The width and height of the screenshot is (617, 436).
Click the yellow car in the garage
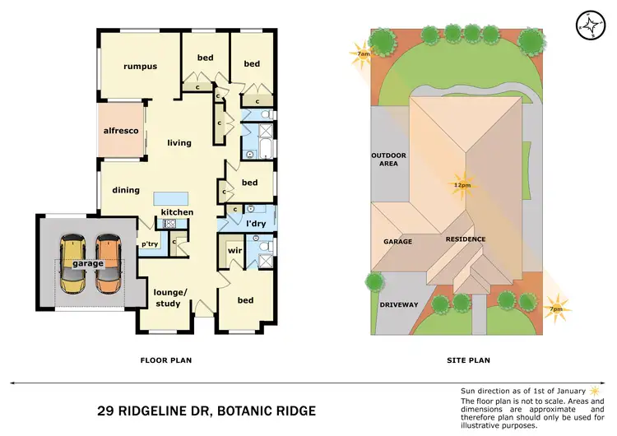tap(72, 264)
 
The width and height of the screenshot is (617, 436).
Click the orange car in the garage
tap(107, 264)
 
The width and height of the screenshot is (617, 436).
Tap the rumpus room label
tap(140, 67)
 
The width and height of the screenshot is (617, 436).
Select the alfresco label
tap(119, 130)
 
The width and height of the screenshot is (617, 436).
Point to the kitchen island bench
tap(170, 198)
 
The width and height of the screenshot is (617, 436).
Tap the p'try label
tap(150, 244)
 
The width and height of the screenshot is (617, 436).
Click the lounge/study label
tap(171, 298)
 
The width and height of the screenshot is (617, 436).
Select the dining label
tap(126, 190)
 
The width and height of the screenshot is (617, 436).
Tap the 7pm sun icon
tap(557, 306)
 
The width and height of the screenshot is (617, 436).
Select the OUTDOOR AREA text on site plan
tap(384, 160)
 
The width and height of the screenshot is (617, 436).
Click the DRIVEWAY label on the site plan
tap(399, 304)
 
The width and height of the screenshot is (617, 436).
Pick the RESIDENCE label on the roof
tap(466, 239)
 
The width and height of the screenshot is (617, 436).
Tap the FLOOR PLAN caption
tap(167, 359)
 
